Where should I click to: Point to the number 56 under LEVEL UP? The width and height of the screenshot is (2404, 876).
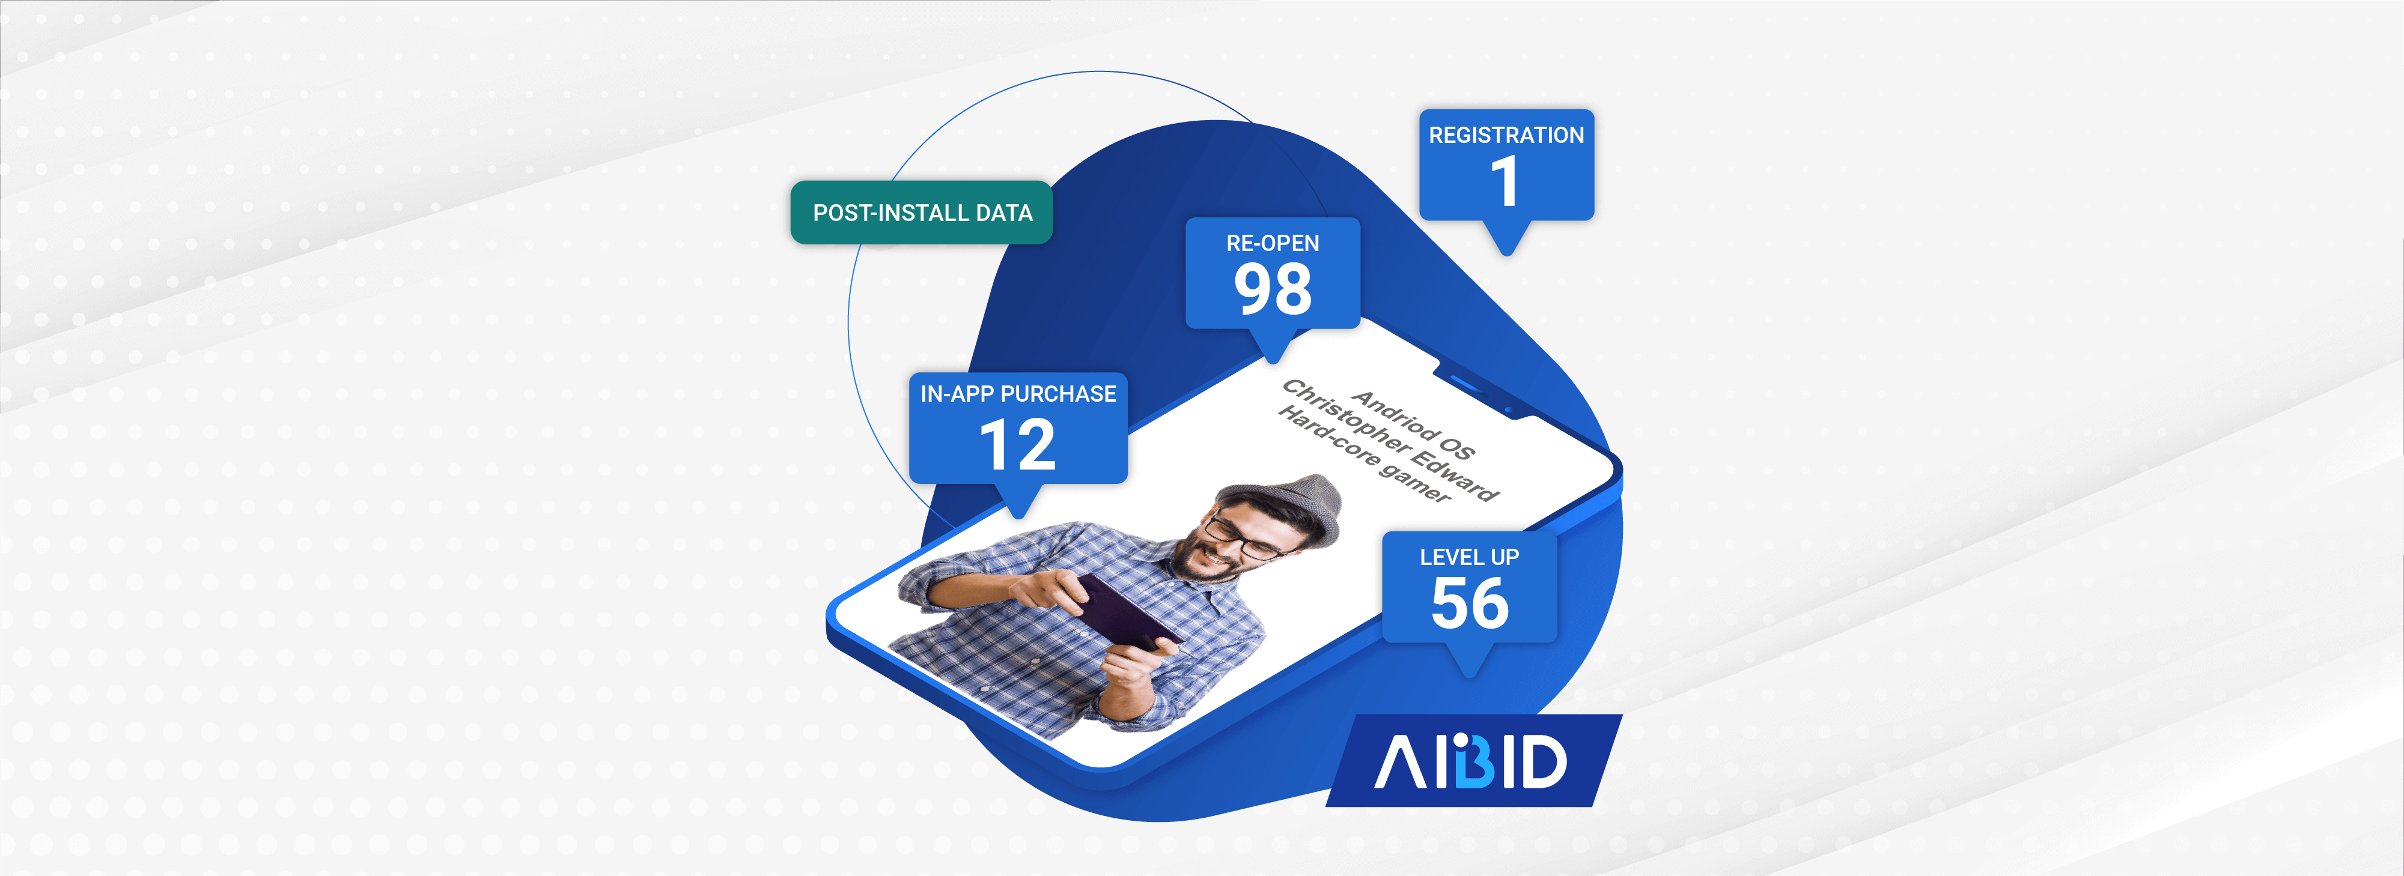coord(1470,603)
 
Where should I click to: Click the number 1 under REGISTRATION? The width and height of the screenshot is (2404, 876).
coord(1505,181)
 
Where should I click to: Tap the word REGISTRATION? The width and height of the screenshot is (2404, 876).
coord(1506,135)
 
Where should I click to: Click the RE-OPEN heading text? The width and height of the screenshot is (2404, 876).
coord(1273,244)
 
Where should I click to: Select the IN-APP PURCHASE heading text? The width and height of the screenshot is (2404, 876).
coord(1018,394)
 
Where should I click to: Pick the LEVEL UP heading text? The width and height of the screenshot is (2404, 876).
coord(1470,557)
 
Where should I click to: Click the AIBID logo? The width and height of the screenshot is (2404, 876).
coord(1471,760)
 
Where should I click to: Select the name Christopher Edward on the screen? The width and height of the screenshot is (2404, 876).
coord(1390,438)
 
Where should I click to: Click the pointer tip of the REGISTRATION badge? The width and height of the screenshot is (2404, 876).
coord(1506,255)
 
